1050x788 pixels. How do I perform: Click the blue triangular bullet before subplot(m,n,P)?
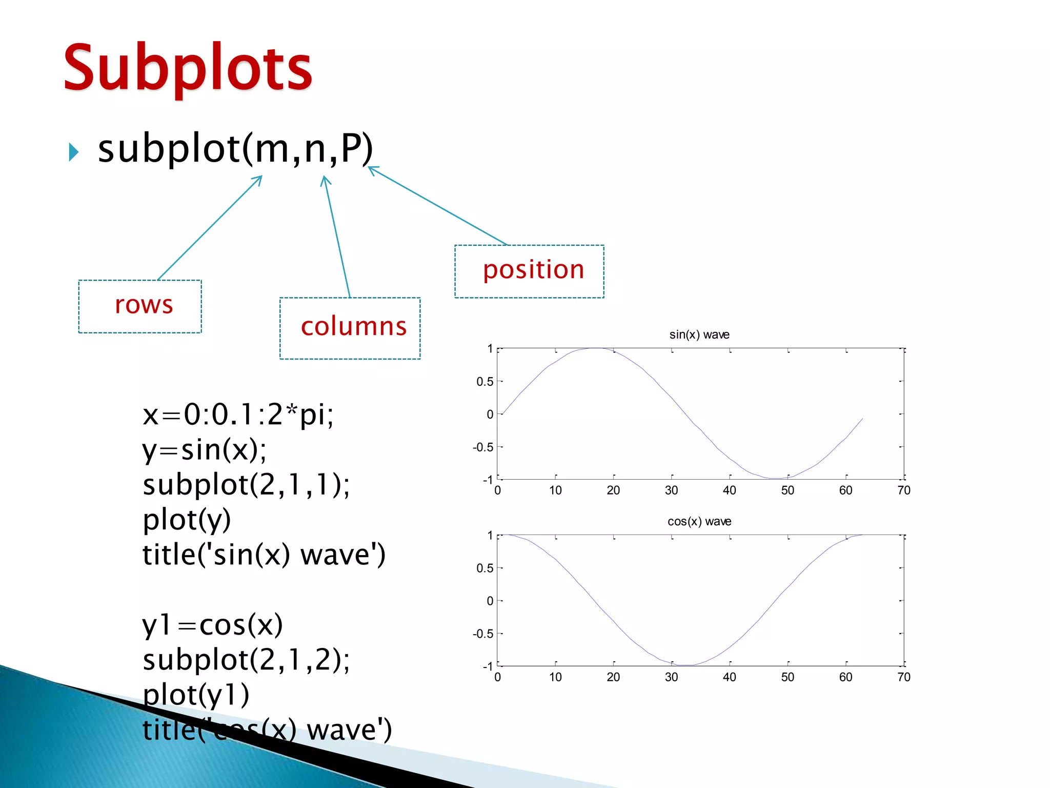coord(74,152)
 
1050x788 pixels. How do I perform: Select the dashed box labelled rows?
coord(140,306)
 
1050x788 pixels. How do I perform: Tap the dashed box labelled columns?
coord(350,328)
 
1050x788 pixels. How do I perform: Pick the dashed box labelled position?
coord(529,271)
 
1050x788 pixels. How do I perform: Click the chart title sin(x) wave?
coord(699,334)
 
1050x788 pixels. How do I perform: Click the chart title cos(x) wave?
coord(699,521)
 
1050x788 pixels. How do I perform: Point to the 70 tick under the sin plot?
coord(903,490)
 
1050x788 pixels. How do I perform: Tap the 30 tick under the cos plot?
coord(671,677)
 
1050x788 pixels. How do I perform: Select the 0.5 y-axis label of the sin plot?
coord(484,382)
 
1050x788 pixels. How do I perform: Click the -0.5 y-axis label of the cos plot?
coord(483,634)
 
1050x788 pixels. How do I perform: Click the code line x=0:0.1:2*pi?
coord(238,415)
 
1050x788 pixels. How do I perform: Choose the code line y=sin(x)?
coord(204,450)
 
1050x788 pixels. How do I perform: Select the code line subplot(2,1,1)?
coord(246,485)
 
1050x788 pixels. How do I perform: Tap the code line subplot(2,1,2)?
coord(246,660)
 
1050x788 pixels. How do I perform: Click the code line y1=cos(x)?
coord(212,625)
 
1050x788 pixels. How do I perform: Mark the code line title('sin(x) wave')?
coord(264,555)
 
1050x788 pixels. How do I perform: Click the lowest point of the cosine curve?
coord(686,665)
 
